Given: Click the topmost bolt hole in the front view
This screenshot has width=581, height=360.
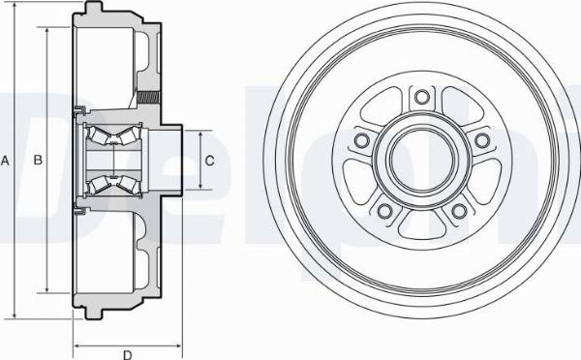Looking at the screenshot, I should point(421,97).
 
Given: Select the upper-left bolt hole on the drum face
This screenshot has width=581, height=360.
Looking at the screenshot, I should point(361,141).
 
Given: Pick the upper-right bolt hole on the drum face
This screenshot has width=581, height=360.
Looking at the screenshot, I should point(481,141).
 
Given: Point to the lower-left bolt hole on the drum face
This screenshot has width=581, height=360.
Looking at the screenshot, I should point(384,211).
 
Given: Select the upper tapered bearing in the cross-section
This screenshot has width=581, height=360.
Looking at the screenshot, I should point(108,135).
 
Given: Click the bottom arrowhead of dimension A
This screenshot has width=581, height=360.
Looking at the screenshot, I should point(15,315).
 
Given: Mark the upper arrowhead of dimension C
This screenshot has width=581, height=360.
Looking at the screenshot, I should point(195,131).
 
